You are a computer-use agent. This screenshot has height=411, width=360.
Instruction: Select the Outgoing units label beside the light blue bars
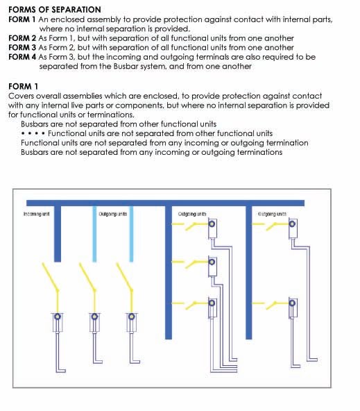point(112,215)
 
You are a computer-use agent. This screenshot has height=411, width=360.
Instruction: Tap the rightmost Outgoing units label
point(271,215)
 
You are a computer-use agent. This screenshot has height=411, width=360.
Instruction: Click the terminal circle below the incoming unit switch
point(58,317)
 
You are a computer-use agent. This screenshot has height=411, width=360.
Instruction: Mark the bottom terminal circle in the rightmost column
point(293,303)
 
